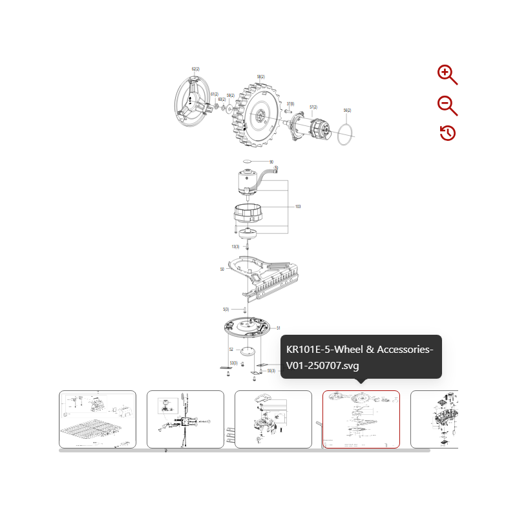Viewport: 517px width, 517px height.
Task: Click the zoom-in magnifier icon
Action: click(x=447, y=74)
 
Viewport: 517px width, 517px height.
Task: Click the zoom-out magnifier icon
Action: click(x=447, y=105)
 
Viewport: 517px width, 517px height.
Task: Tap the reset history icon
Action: click(x=447, y=133)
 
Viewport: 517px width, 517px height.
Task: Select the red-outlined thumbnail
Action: click(x=361, y=419)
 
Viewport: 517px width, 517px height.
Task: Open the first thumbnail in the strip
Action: click(x=98, y=419)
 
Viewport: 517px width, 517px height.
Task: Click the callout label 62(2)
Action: click(x=196, y=69)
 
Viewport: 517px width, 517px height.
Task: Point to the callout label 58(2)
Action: click(x=260, y=77)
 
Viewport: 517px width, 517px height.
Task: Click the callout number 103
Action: click(x=298, y=207)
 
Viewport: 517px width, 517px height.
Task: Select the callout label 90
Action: click(x=271, y=162)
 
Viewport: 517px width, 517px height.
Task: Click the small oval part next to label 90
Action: click(x=248, y=162)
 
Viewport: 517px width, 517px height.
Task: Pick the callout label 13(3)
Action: click(x=236, y=247)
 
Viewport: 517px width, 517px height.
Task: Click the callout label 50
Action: click(x=222, y=269)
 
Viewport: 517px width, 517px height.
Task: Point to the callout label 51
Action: click(x=279, y=328)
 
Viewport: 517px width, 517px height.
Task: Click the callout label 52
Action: click(x=231, y=350)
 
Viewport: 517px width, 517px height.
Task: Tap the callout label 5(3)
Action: click(x=226, y=310)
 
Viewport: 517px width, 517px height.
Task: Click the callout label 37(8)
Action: click(x=291, y=103)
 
